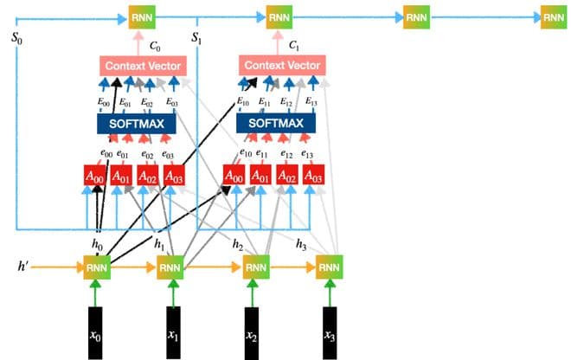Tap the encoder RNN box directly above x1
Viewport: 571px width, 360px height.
[x=170, y=267]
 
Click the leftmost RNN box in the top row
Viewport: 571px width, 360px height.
[x=139, y=16]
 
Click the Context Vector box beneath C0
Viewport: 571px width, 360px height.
[x=139, y=66]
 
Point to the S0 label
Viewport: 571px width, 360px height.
[x=17, y=40]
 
